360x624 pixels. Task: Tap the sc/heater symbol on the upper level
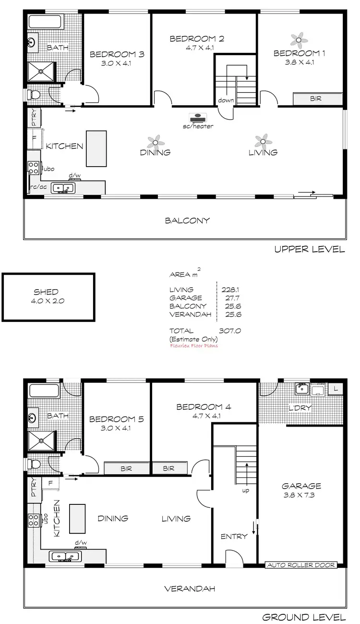197,118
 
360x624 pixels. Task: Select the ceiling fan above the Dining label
155,141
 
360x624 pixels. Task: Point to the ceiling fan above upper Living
263,141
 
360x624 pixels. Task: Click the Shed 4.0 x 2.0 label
46,296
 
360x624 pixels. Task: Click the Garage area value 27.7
233,298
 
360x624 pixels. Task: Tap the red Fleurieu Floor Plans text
193,345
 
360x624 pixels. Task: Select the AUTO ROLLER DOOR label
301,565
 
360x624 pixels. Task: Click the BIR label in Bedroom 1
316,98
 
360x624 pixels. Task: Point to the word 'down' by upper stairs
226,100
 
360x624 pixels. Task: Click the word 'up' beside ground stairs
245,490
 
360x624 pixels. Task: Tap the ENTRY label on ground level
234,537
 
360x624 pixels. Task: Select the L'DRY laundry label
300,408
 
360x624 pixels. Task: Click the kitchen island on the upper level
96,148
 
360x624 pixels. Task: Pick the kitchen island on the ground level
77,518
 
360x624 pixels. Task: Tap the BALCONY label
187,221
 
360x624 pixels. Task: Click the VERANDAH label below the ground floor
189,588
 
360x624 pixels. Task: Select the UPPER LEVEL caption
309,249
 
